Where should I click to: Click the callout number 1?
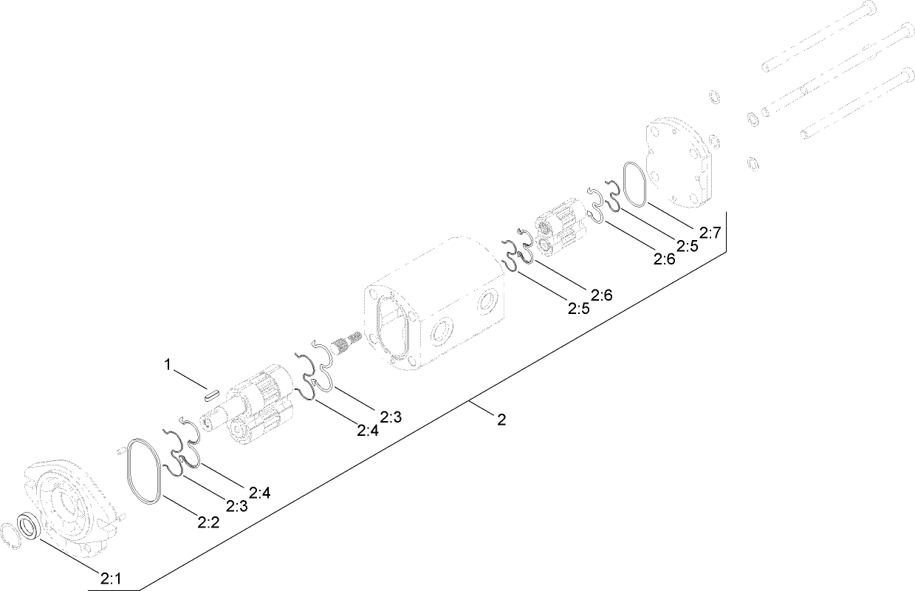[168, 364]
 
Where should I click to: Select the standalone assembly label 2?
[501, 420]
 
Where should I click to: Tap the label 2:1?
[111, 578]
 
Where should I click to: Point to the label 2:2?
[209, 522]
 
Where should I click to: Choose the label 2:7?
[710, 233]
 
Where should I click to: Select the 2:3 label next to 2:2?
[236, 506]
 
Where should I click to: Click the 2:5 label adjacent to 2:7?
[687, 246]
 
